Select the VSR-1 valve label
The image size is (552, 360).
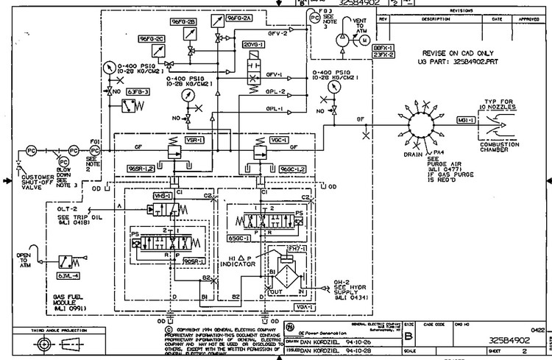point(174,138)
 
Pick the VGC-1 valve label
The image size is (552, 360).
point(260,138)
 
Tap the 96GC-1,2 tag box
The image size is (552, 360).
point(292,169)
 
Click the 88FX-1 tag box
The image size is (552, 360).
point(384,47)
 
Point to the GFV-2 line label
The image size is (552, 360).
point(276,33)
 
